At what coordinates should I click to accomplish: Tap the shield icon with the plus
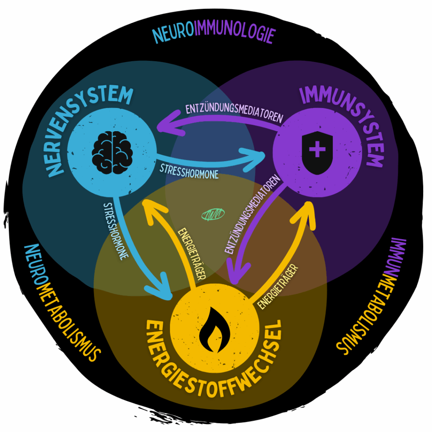(x=318, y=150)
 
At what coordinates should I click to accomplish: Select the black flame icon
(x=215, y=331)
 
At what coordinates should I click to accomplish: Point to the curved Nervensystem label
(x=80, y=122)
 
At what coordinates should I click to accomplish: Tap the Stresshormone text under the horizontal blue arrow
(x=189, y=171)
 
